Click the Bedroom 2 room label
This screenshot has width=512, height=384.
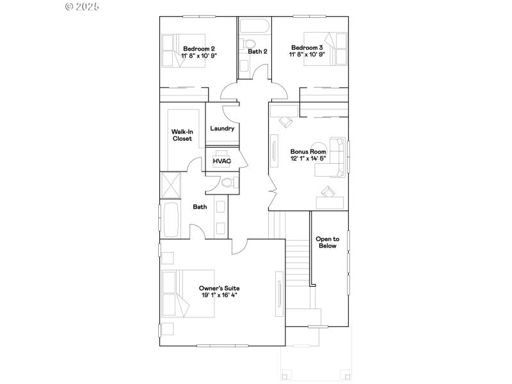199,48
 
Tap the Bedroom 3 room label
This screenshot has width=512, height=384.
307,48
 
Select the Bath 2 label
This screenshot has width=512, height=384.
257,52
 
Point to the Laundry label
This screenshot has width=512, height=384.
222,129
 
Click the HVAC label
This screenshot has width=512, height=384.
221,161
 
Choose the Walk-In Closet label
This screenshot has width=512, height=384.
182,135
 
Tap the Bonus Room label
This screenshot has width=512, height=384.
308,152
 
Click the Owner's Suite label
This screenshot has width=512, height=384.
219,289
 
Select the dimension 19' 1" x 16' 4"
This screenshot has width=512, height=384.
219,296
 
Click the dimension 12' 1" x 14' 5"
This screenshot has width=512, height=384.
308,159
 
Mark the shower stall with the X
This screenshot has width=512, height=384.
171,184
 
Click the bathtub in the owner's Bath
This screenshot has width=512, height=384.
171,220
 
